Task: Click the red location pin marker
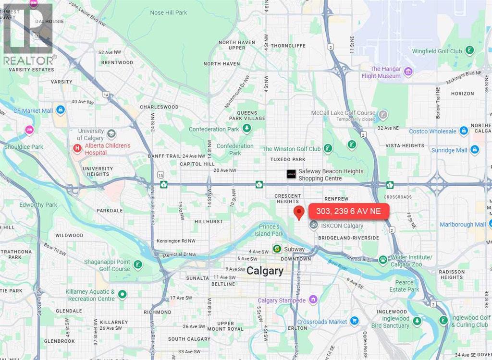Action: tap(299, 212)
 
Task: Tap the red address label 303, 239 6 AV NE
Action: tap(348, 211)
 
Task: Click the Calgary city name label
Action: tap(265, 271)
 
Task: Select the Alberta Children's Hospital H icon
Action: tap(77, 149)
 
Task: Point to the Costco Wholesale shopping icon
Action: tap(464, 131)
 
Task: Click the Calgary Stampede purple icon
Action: tap(313, 300)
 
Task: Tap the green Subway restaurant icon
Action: tap(277, 249)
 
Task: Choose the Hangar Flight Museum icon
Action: tap(408, 72)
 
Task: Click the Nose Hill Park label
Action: tap(168, 12)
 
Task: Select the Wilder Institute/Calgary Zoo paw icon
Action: tap(383, 260)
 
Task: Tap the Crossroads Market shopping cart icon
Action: tap(354, 321)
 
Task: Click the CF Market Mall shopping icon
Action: tap(60, 110)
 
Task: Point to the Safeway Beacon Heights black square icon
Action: tap(291, 174)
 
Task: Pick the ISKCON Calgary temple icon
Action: tap(313, 225)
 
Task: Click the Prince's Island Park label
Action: tap(269, 230)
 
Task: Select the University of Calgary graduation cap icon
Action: tap(111, 133)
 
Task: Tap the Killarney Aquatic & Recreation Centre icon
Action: tap(123, 294)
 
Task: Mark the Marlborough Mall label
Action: tap(463, 224)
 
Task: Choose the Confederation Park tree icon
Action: tap(247, 129)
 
